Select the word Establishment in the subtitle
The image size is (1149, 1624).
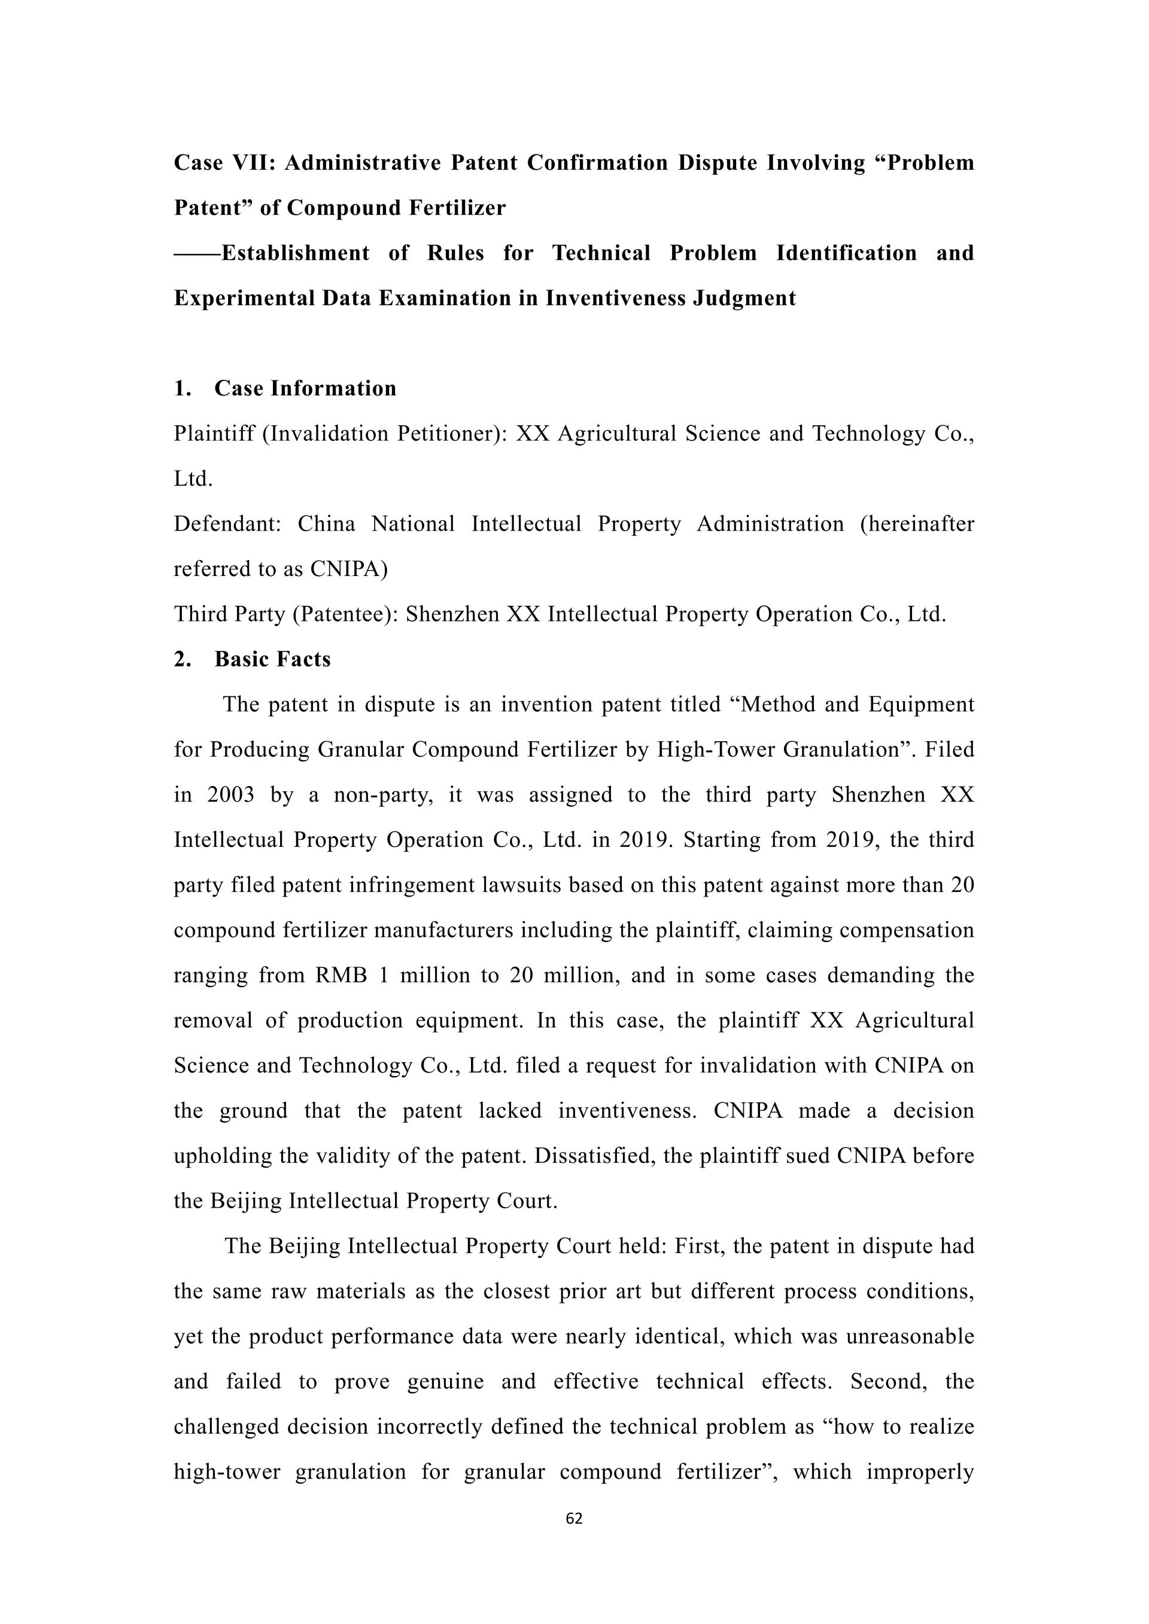coord(295,253)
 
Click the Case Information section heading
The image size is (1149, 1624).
coord(305,388)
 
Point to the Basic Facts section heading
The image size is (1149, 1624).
coord(272,659)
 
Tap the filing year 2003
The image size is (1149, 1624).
coord(230,795)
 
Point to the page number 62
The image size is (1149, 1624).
coord(574,1519)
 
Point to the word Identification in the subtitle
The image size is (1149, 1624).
coord(846,253)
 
